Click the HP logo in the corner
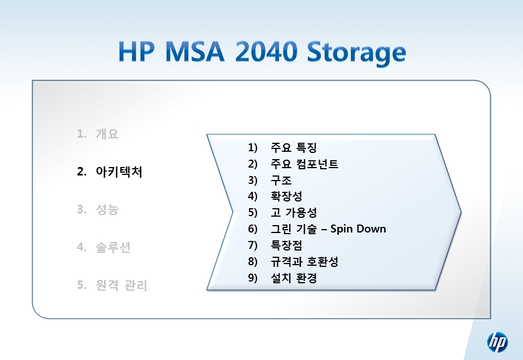click(498, 342)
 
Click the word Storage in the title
click(356, 53)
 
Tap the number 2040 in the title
click(266, 52)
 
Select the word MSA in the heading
click(195, 52)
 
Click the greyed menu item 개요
click(107, 134)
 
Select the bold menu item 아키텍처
click(119, 172)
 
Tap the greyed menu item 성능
click(107, 209)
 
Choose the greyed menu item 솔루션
click(113, 247)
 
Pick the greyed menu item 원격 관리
click(121, 285)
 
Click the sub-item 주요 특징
click(294, 147)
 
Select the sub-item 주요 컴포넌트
click(304, 164)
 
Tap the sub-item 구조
click(281, 180)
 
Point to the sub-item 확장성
click(286, 196)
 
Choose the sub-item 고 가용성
click(294, 212)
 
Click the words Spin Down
click(358, 229)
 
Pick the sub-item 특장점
click(286, 245)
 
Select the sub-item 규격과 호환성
click(304, 261)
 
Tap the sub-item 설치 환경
click(294, 278)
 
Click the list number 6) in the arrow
click(252, 229)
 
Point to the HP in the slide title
click(137, 52)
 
